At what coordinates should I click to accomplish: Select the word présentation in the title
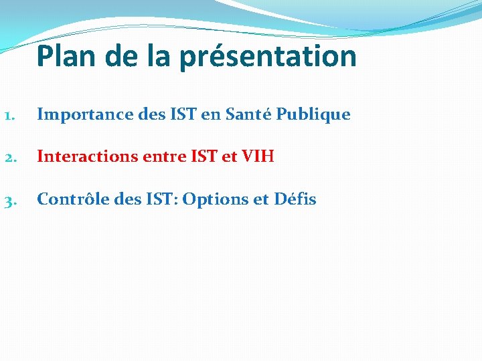click(268, 57)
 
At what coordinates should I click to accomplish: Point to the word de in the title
click(123, 56)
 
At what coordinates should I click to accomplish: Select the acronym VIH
click(258, 156)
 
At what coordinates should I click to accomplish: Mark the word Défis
click(295, 199)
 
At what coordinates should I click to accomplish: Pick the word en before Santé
click(210, 115)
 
